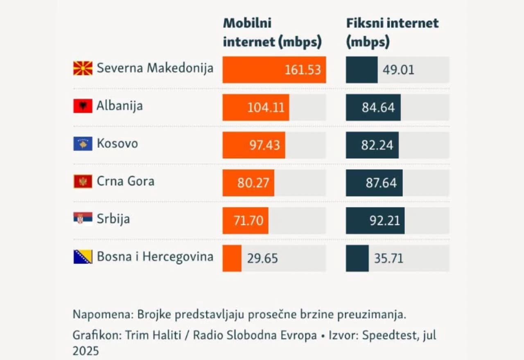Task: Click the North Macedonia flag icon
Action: [x=83, y=68]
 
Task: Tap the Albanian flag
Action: [x=83, y=106]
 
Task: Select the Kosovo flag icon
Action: [x=83, y=144]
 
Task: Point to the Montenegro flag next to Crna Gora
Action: [x=83, y=181]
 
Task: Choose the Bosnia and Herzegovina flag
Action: [x=83, y=256]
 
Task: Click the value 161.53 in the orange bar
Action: [x=303, y=70]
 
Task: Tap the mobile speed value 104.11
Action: [x=265, y=107]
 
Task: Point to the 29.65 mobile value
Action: [x=262, y=259]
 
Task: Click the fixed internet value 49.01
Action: [x=398, y=70]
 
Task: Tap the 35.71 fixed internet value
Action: [x=388, y=259]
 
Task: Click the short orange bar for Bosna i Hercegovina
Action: [x=232, y=258]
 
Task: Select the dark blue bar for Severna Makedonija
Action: [x=361, y=70]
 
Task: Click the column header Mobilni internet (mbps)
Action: [x=272, y=33]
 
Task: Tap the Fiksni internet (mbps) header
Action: [x=392, y=33]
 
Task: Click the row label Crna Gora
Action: [x=125, y=181]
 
